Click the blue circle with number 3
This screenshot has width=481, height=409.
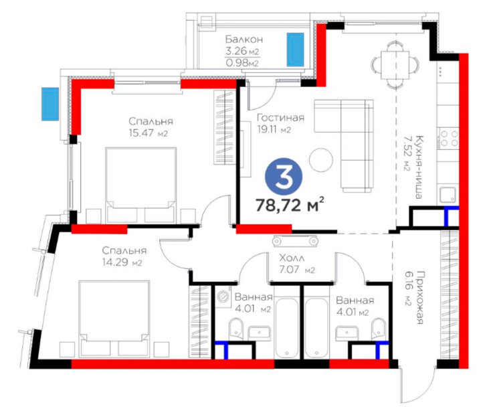tap(284, 176)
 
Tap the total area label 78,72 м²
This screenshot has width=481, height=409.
tap(290, 205)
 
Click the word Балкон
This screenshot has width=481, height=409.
tap(244, 39)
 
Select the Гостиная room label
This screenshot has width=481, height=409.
tap(280, 118)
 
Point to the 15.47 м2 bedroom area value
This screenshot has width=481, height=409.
tap(148, 133)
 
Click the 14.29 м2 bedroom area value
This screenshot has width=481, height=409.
tap(122, 262)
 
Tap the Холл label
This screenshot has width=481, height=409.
tap(292, 258)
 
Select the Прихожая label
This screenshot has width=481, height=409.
tap(419, 297)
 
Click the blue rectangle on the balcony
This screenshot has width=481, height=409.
tap(295, 50)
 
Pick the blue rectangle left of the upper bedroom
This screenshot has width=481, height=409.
tap(50, 104)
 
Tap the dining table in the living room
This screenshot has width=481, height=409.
tap(395, 65)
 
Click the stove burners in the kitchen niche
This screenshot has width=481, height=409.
tap(449, 139)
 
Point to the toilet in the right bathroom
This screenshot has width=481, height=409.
tap(379, 328)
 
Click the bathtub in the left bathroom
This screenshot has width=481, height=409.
tap(286, 327)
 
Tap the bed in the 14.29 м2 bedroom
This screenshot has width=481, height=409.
tap(114, 319)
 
